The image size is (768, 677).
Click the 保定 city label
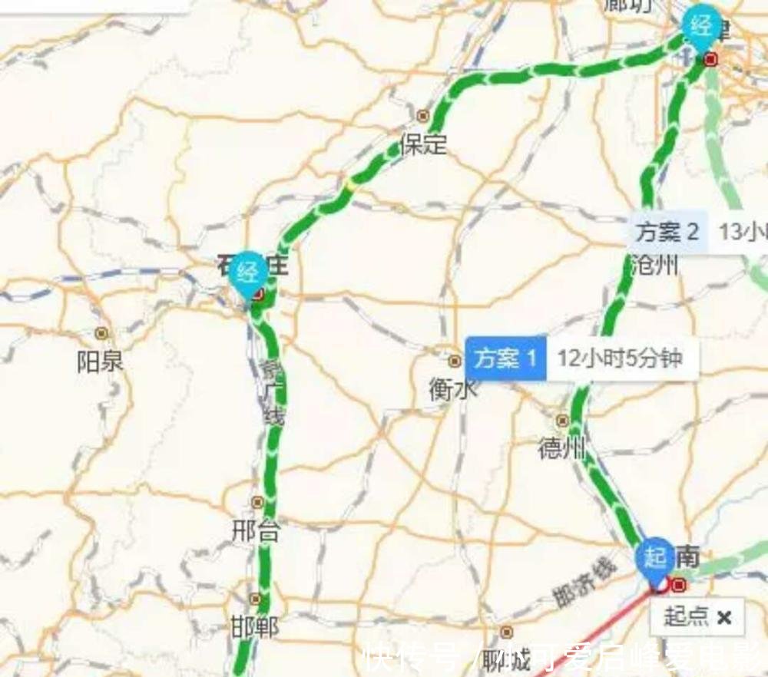point(422,144)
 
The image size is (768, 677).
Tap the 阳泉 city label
point(100,362)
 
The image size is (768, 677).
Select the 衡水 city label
point(452,390)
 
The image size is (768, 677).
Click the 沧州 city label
point(654,266)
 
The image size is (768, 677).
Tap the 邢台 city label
point(257,530)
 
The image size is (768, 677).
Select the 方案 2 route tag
point(667,231)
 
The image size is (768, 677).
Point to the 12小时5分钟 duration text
point(620,358)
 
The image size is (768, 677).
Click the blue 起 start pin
point(655,558)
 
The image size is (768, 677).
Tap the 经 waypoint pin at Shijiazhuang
point(249,272)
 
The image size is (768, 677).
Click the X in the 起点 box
point(723,617)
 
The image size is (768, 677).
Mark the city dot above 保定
point(422,116)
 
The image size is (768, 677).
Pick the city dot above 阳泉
point(101,333)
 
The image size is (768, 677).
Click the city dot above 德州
point(563,421)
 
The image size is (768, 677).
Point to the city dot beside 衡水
point(455,361)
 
